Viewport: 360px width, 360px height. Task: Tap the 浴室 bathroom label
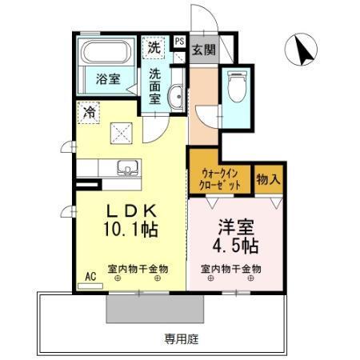tap(108, 79)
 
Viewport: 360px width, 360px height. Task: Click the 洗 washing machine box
tap(154, 47)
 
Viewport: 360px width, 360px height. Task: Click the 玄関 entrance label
tap(203, 50)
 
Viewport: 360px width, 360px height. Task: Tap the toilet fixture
tap(237, 86)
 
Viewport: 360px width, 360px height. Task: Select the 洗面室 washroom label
tap(155, 86)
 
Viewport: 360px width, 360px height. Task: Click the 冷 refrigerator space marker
tap(90, 113)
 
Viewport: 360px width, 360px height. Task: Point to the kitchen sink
tap(126, 168)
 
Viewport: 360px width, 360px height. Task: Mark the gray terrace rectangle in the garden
tap(151, 307)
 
